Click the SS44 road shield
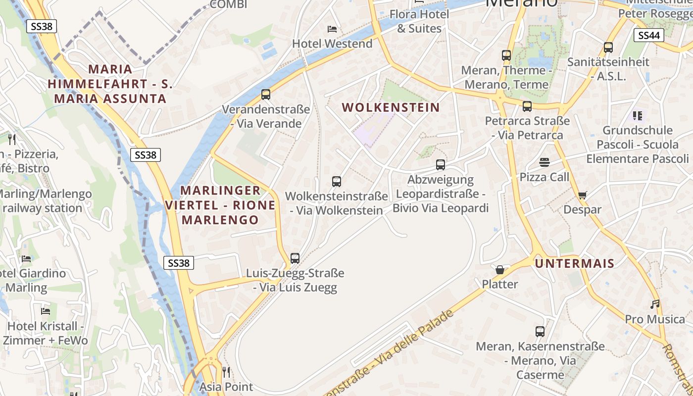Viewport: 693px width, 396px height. (648, 35)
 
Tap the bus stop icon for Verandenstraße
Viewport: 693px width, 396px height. (266, 94)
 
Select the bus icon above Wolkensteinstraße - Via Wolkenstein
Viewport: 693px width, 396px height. (337, 181)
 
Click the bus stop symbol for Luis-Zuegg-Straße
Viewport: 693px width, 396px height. (295, 258)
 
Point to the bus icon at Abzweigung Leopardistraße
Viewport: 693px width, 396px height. (441, 164)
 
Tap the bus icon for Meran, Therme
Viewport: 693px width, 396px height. (506, 55)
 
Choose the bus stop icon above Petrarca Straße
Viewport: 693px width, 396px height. (527, 106)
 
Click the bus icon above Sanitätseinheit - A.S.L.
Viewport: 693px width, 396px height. (608, 47)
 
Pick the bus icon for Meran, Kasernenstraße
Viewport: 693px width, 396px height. (540, 331)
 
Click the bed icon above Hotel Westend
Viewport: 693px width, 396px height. (332, 29)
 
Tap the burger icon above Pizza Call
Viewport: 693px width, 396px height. (544, 162)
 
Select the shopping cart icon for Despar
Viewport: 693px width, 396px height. (582, 195)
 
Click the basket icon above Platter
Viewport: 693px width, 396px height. (500, 270)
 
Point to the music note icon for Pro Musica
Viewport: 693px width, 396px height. (655, 304)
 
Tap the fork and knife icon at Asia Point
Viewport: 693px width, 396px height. (226, 372)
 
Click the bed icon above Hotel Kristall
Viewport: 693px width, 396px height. (46, 311)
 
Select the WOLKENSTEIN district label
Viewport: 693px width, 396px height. (391, 107)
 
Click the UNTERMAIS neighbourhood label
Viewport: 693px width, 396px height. (574, 263)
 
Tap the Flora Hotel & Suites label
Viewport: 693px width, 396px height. (419, 21)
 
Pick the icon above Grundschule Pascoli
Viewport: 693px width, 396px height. (638, 116)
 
